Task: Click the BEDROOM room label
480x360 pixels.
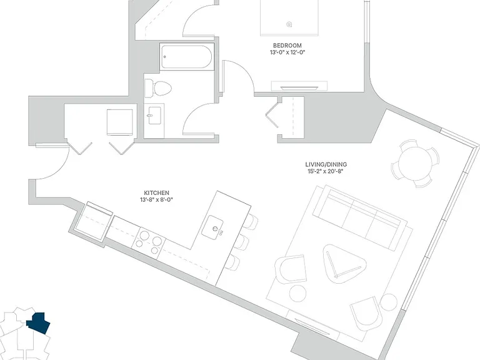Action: click(287, 46)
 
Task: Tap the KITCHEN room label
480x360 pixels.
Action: click(156, 193)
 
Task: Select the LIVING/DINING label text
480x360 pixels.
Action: click(326, 165)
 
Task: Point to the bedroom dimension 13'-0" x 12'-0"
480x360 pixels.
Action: click(287, 52)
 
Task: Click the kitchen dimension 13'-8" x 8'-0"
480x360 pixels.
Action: click(156, 200)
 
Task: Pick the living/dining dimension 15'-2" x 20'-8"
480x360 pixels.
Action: click(326, 171)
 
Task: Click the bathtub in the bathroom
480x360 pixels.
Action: click(186, 57)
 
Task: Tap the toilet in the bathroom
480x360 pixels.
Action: click(157, 88)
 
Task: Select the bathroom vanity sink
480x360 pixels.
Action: click(154, 116)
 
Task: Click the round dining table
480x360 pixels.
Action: click(415, 163)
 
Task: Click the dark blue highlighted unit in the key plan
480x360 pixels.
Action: click(38, 323)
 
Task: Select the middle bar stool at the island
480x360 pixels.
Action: click(243, 242)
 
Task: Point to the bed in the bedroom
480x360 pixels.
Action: click(289, 17)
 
